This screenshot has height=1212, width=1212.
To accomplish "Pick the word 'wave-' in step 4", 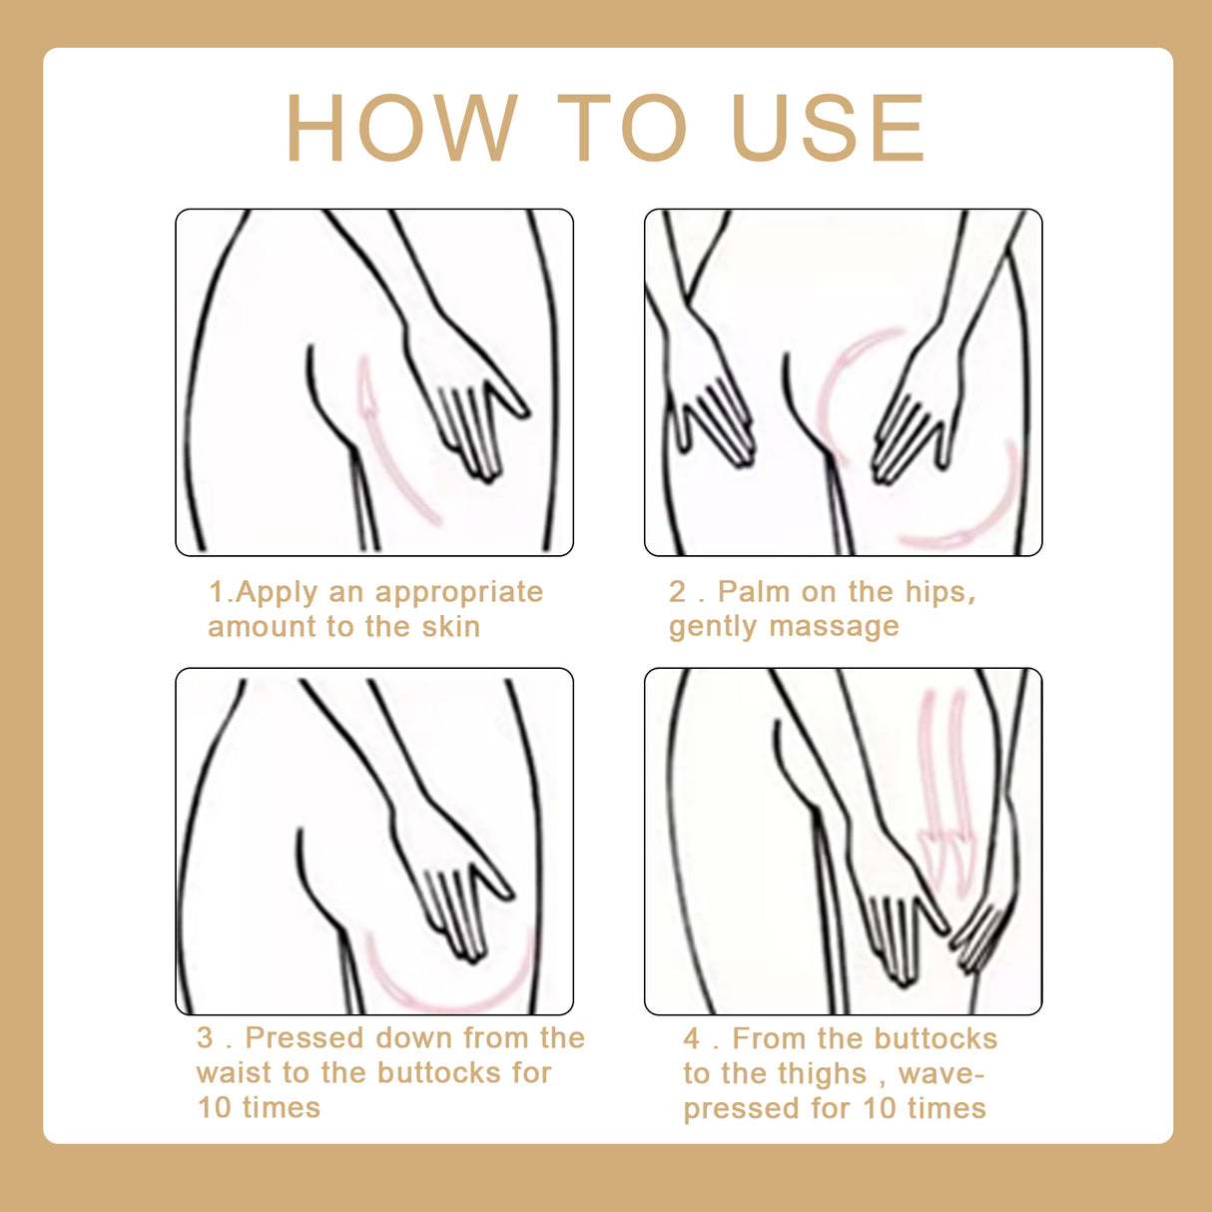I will (941, 1074).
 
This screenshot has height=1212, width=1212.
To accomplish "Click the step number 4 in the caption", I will (692, 1039).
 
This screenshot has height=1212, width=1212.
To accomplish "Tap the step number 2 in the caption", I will (678, 592).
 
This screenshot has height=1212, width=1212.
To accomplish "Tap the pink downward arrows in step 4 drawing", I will (944, 789).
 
